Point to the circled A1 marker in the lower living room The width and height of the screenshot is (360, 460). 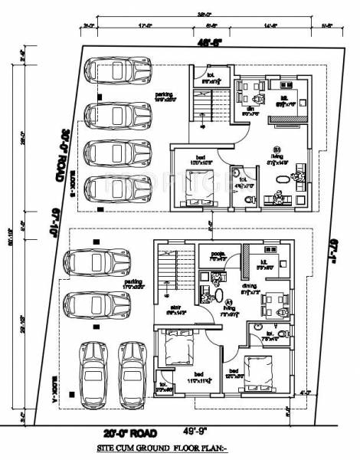pyautogui.click(x=228, y=301)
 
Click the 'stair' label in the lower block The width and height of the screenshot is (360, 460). pyautogui.click(x=175, y=306)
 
